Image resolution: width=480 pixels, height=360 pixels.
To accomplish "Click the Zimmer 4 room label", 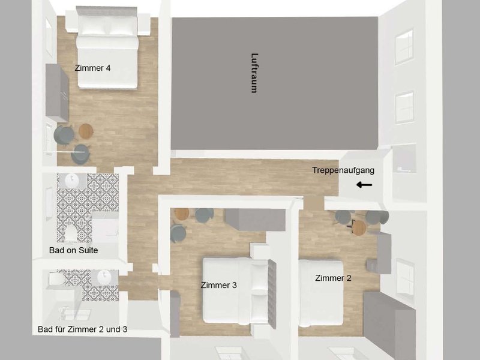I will (x=92, y=68).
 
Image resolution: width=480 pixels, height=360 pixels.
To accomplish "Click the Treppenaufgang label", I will (x=343, y=170).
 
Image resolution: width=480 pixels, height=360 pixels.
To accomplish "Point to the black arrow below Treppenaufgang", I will (x=364, y=185).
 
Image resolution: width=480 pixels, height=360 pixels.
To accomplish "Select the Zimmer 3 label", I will (x=218, y=285).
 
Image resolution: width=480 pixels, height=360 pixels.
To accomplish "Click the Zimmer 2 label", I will (x=333, y=278).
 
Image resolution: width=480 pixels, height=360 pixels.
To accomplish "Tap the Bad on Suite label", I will (x=73, y=250).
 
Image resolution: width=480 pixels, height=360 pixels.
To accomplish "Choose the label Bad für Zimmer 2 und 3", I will (x=82, y=329).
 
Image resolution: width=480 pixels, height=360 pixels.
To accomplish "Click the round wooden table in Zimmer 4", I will (x=86, y=131).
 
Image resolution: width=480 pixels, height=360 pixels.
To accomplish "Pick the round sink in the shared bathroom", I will (x=104, y=277).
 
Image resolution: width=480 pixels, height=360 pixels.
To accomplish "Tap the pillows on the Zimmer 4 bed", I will (x=108, y=25).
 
